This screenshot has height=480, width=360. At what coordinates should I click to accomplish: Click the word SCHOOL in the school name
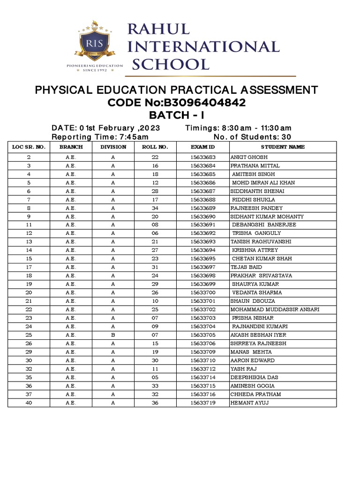click(x=170, y=64)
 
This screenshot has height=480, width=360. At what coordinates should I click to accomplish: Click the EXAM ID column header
click(x=202, y=147)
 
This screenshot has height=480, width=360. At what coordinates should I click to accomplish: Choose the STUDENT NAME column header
click(x=283, y=147)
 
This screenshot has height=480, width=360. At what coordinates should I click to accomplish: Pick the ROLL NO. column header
click(x=155, y=147)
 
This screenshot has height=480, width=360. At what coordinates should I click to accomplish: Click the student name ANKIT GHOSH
click(x=249, y=157)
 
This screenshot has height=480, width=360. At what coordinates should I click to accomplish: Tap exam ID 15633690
click(x=202, y=217)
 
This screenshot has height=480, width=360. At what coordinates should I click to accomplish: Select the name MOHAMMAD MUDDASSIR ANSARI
click(x=275, y=309)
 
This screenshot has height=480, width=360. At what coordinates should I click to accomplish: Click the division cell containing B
click(x=113, y=335)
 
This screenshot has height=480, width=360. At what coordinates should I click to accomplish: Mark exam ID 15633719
click(x=202, y=403)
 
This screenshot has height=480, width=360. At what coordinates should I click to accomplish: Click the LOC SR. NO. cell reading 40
click(x=29, y=403)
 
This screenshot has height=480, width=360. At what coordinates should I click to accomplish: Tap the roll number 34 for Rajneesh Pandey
click(x=155, y=208)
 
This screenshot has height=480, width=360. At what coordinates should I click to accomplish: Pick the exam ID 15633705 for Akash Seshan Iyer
click(x=202, y=335)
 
